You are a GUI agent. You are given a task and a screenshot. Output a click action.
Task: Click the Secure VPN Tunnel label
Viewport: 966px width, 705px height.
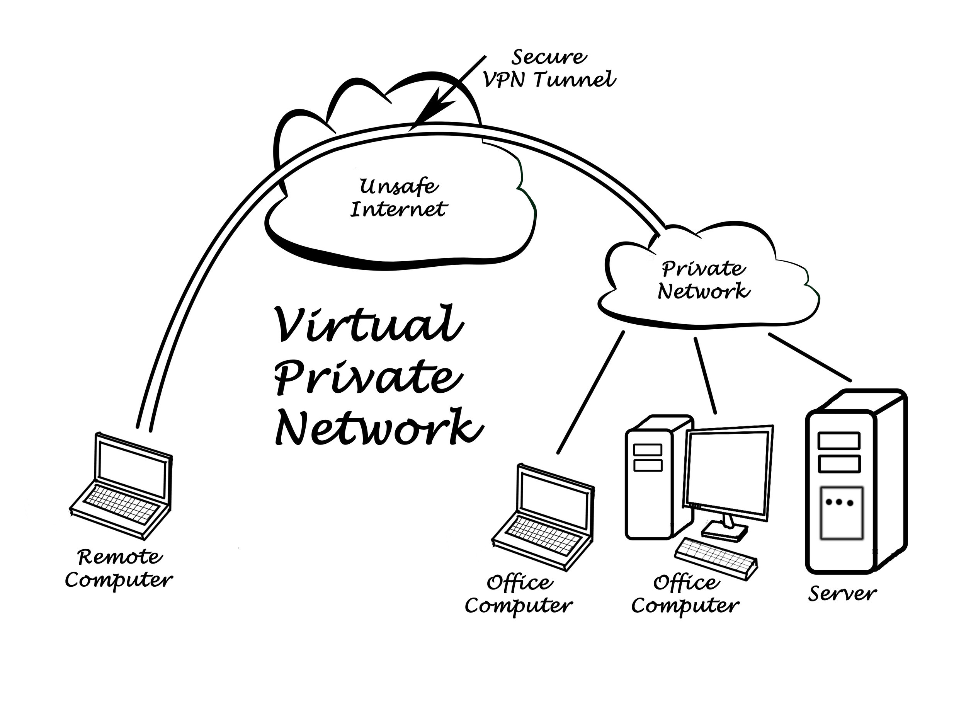pos(549,69)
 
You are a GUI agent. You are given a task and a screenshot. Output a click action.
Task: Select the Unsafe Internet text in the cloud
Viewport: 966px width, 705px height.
pos(398,198)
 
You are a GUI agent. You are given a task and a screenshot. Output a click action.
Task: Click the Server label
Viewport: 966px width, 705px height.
pos(842,594)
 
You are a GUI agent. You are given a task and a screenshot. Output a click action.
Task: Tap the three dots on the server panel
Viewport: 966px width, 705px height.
pos(839,502)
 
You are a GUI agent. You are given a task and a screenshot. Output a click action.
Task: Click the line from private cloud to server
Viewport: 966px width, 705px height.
pos(810,357)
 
